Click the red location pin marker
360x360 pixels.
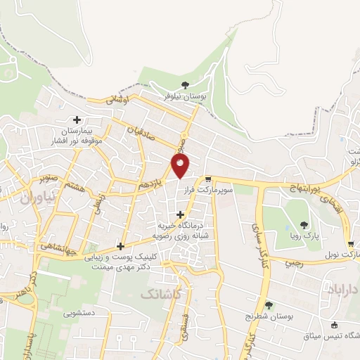[180, 166]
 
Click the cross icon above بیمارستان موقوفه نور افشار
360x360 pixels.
[77, 120]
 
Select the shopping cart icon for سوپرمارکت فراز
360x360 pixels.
[208, 179]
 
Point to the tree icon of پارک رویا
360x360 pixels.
[304, 225]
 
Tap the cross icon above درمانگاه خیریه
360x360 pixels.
[181, 214]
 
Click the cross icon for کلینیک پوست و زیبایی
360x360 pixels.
[121, 246]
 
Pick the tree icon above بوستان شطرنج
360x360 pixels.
[269, 305]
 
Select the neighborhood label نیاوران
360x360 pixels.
[32, 199]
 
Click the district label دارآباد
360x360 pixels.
[343, 289]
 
